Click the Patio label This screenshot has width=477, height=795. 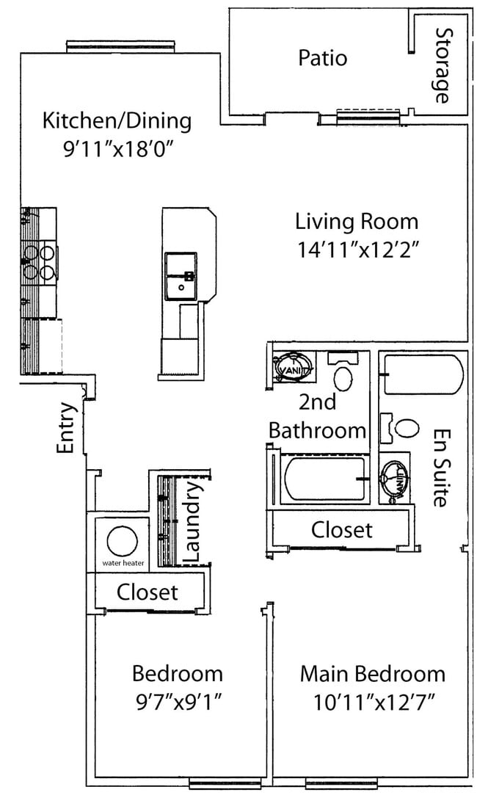tap(322, 58)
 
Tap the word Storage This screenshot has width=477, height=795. tap(442, 65)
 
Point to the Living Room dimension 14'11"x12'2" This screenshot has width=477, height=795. tap(357, 249)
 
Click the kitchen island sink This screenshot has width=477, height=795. tap(181, 276)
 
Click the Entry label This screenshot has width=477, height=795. tap(67, 428)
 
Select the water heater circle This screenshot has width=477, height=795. tap(121, 542)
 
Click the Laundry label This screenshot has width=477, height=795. tap(192, 521)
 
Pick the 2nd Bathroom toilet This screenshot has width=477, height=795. tap(343, 377)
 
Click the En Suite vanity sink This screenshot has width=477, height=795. tap(395, 479)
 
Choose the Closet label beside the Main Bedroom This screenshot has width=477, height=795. tap(341, 529)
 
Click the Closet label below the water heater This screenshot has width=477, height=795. tap(147, 591)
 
